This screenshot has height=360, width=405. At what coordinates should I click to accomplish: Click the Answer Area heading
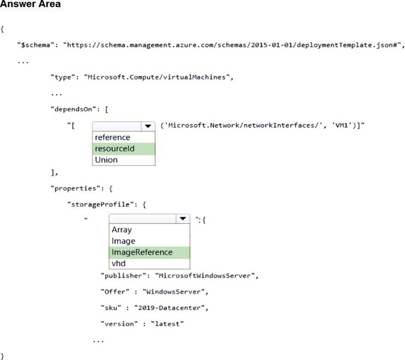click(30, 5)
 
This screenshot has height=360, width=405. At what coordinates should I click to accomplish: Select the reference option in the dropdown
click(112, 137)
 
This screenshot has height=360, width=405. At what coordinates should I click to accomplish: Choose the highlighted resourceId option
click(114, 149)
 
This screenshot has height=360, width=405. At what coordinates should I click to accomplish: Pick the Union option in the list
click(106, 160)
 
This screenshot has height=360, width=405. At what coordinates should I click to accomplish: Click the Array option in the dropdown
click(121, 230)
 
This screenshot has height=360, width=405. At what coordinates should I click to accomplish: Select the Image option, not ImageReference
click(123, 241)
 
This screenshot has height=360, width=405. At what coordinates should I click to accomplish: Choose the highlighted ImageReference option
click(141, 252)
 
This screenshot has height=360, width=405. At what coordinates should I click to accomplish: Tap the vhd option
click(119, 263)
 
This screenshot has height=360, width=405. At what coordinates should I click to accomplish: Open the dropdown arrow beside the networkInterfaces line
click(148, 126)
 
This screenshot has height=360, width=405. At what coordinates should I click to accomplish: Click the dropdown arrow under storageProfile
click(182, 219)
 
